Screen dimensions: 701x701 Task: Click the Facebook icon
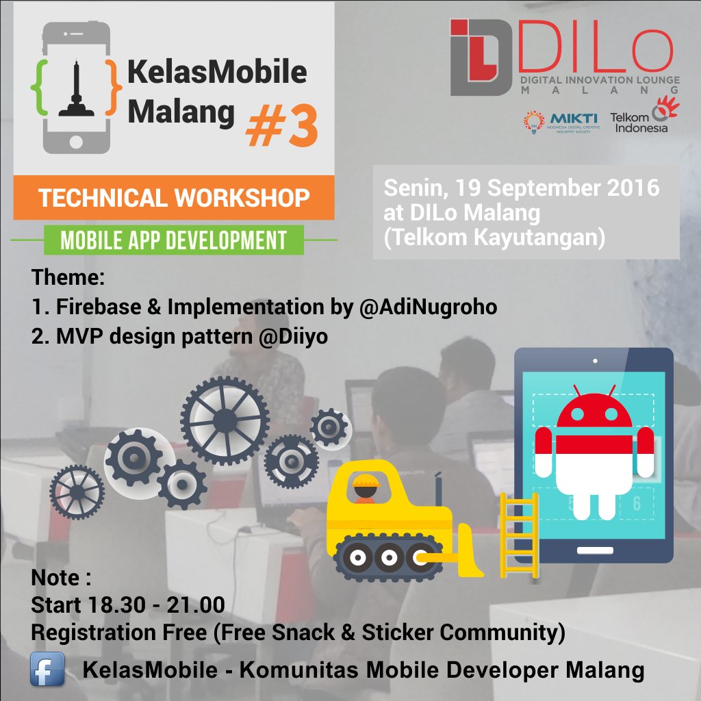pos(47,669)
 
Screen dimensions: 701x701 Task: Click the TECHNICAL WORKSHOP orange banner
pos(174,198)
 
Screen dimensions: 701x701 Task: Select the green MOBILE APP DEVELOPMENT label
pos(173,240)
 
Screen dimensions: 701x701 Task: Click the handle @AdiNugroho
pos(428,308)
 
